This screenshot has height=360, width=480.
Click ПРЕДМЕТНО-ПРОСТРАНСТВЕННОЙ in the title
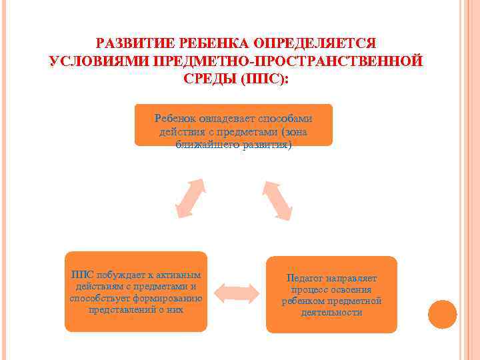coord(287,61)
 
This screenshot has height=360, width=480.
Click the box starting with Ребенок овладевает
coord(233,125)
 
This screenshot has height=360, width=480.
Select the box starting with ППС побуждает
coord(136,291)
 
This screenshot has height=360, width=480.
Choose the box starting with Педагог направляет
coord(331,294)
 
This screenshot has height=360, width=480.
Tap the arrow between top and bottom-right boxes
coord(277,198)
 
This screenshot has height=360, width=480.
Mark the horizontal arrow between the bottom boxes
coord(236,293)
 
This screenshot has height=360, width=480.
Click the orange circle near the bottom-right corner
coord(443,314)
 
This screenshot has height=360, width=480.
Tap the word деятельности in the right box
coord(331,312)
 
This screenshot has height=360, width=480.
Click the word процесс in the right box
coord(309,289)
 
